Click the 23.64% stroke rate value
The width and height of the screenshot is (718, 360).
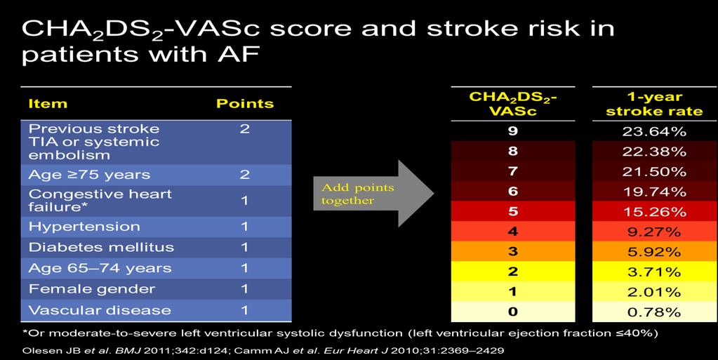pos(654,131)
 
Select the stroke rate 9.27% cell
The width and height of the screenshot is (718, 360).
pos(654,232)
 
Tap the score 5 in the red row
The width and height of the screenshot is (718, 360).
pos(513,212)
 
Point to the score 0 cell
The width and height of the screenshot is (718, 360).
pos(513,312)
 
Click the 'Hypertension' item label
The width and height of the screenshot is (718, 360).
pos(84,227)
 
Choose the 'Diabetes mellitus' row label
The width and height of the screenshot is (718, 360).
pos(101,247)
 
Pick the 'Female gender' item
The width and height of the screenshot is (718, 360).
pos(91,289)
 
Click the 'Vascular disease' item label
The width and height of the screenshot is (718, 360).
pos(100,310)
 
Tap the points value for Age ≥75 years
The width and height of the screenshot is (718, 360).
pos(244,175)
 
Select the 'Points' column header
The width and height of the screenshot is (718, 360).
pos(245,104)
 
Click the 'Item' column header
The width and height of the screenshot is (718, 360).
pos(48,104)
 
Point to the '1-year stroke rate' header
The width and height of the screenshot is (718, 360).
pos(654,104)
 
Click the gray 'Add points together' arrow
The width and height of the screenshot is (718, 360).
pos(373,193)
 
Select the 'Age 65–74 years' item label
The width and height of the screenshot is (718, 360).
pos(100,268)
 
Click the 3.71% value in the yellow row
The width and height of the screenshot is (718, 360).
pos(654,272)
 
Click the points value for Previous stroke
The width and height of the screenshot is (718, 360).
pos(244,128)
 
